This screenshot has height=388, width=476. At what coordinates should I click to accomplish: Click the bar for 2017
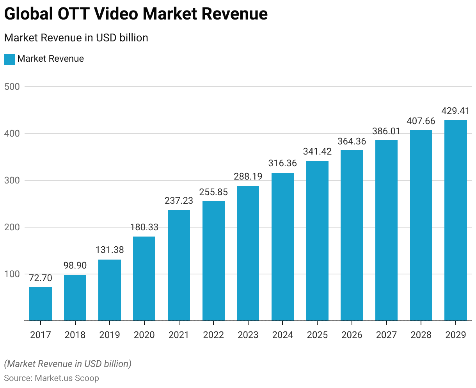point(41,304)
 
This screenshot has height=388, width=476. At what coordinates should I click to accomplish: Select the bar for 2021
point(179,265)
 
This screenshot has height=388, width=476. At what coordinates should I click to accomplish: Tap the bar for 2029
point(455,220)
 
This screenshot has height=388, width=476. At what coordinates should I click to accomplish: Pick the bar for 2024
point(282,247)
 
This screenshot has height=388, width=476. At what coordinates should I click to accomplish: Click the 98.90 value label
point(75,265)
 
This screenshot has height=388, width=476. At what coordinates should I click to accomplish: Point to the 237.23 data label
point(179,201)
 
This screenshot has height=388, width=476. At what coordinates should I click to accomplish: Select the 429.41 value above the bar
point(455,111)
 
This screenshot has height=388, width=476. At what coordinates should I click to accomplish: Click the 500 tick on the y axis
point(12,87)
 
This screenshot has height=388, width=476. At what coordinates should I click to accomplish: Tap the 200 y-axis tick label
point(12,227)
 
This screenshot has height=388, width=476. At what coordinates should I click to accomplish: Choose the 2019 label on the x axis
point(110,335)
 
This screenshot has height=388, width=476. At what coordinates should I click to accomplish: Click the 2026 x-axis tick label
point(352,335)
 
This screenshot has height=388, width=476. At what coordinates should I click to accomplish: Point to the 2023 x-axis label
point(248,335)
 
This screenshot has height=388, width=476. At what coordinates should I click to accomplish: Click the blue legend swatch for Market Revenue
point(9,59)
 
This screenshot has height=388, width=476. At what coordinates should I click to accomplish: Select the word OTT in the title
point(77,14)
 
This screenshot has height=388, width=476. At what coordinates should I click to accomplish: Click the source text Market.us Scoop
point(67,378)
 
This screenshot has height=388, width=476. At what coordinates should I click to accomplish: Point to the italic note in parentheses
point(67,364)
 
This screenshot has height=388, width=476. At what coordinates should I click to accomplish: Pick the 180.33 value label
point(144,227)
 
